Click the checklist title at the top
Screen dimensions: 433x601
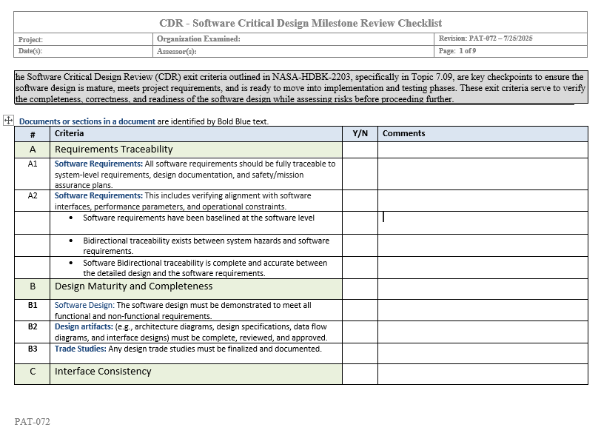(300, 23)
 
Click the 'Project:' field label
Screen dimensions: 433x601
(31, 39)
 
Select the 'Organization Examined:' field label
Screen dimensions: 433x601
(198, 38)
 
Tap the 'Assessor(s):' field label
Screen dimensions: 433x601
(177, 51)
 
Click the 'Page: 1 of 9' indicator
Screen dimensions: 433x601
(457, 51)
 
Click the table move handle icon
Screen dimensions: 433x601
(9, 120)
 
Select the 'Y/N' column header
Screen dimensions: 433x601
(360, 133)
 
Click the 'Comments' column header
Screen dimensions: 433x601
(403, 133)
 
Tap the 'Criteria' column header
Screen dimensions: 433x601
(70, 133)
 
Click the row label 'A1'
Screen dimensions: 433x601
(33, 164)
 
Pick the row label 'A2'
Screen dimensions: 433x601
(33, 196)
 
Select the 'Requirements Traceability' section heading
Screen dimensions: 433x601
(113, 149)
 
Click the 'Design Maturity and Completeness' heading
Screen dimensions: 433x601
(133, 286)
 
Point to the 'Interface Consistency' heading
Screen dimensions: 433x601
(103, 372)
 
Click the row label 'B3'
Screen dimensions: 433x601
(33, 349)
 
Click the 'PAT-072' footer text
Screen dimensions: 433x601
(32, 422)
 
